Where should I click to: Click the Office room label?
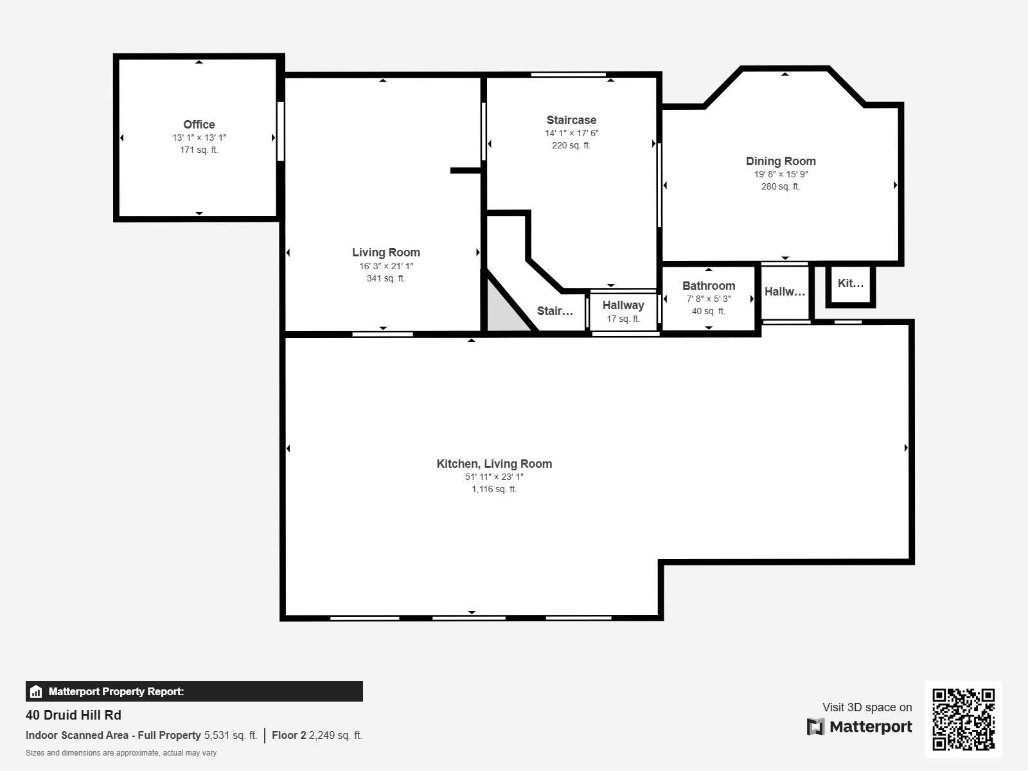point(199,125)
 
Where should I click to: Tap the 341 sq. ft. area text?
point(385,278)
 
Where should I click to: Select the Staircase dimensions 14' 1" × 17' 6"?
point(571,133)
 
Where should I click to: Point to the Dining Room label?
point(781,161)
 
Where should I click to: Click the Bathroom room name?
point(708,286)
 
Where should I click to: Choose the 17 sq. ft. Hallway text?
point(623,319)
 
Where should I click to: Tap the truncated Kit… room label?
point(850,283)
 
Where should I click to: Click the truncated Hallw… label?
point(784,292)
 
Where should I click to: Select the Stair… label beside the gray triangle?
point(554,311)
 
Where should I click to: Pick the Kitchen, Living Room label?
point(494,464)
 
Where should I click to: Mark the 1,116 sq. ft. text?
point(494,489)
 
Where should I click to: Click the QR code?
point(963,719)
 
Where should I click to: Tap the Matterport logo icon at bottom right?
point(815,727)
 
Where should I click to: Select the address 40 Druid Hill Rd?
point(73,715)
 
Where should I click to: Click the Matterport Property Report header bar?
point(194,691)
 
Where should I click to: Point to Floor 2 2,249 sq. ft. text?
point(317,735)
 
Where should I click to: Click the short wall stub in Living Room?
point(465,170)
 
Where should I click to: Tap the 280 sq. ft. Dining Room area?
point(781,186)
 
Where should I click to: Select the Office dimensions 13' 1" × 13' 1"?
point(199,137)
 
